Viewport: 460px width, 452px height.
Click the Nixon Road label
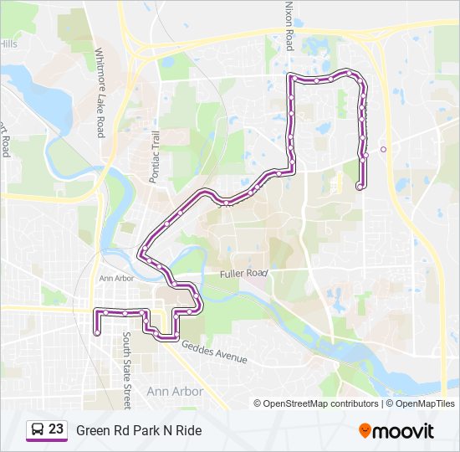289,25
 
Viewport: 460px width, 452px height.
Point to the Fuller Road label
243,273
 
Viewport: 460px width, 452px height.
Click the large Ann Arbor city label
174,391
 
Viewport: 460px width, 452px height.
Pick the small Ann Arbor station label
116,278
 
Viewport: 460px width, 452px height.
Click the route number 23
56,429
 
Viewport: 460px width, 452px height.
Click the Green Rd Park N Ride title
138,430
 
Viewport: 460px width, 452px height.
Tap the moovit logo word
404,431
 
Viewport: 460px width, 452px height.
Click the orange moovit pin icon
365,430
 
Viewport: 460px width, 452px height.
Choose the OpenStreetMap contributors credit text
321,403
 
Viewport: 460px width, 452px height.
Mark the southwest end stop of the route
97,332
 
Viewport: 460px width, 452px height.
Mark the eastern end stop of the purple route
360,187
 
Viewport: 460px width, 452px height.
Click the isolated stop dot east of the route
383,149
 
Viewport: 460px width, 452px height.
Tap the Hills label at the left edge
8,43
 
